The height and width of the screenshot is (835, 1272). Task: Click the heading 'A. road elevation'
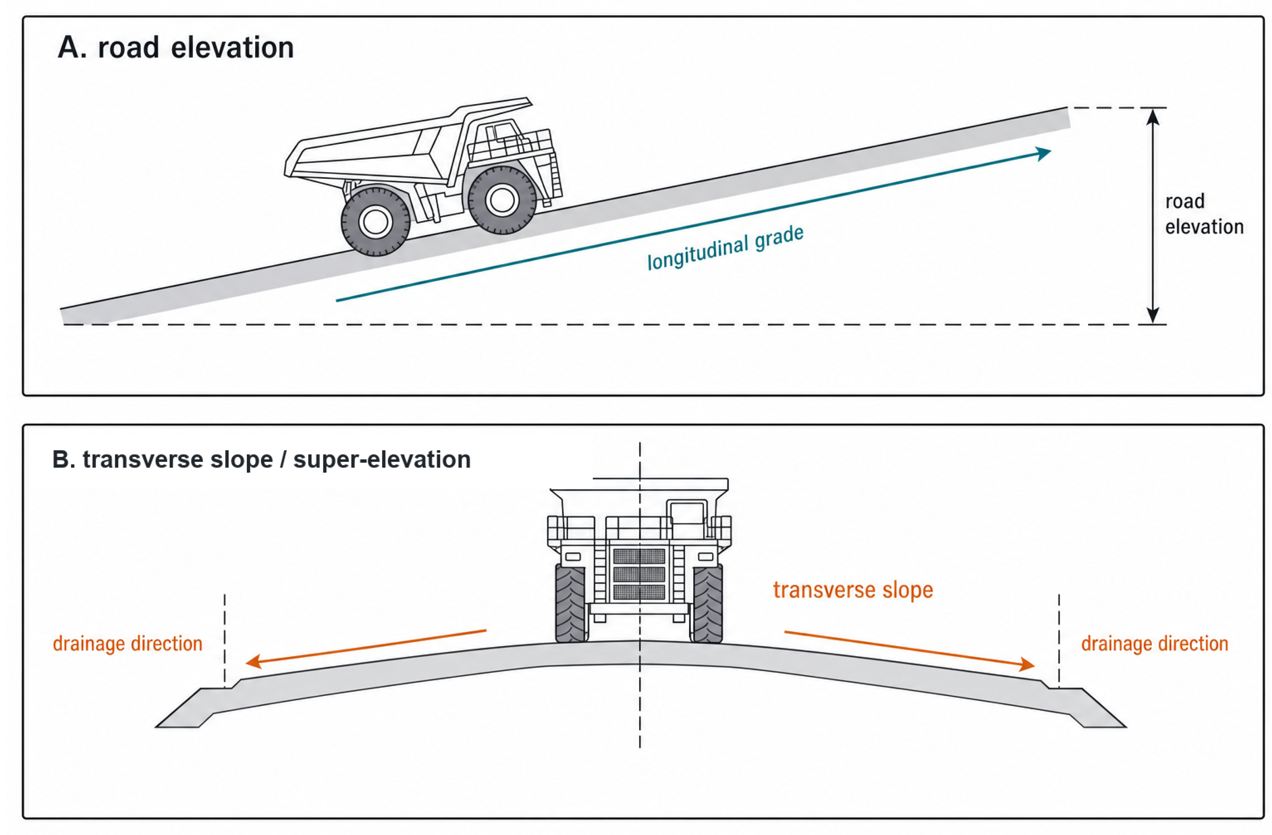(176, 48)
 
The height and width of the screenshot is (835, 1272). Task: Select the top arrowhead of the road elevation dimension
(1153, 117)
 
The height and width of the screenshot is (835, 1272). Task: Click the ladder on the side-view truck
(555, 174)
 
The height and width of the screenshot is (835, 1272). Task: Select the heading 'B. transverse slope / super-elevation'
(261, 460)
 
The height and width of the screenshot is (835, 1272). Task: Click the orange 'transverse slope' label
(853, 590)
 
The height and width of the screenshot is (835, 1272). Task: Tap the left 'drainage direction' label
(128, 644)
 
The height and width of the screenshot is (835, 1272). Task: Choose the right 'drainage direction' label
(1155, 644)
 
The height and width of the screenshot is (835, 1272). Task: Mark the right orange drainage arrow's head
(1027, 664)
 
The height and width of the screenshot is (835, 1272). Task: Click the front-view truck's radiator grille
(639, 574)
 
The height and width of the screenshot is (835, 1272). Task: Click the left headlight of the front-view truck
(573, 557)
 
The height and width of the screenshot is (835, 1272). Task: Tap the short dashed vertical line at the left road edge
(224, 640)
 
